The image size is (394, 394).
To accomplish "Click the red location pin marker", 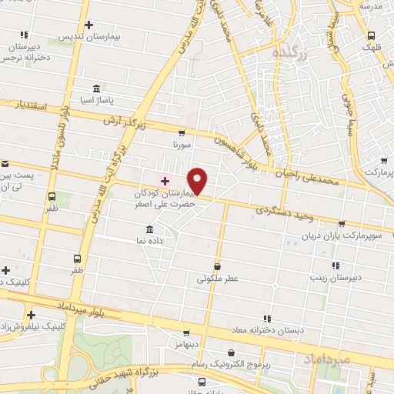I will (198, 182).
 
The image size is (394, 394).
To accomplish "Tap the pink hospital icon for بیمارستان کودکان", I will (164, 182).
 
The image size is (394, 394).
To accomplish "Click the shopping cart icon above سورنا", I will (182, 133).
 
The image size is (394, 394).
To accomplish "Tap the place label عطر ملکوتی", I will (216, 279).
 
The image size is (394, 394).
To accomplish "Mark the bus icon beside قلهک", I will (372, 35).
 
